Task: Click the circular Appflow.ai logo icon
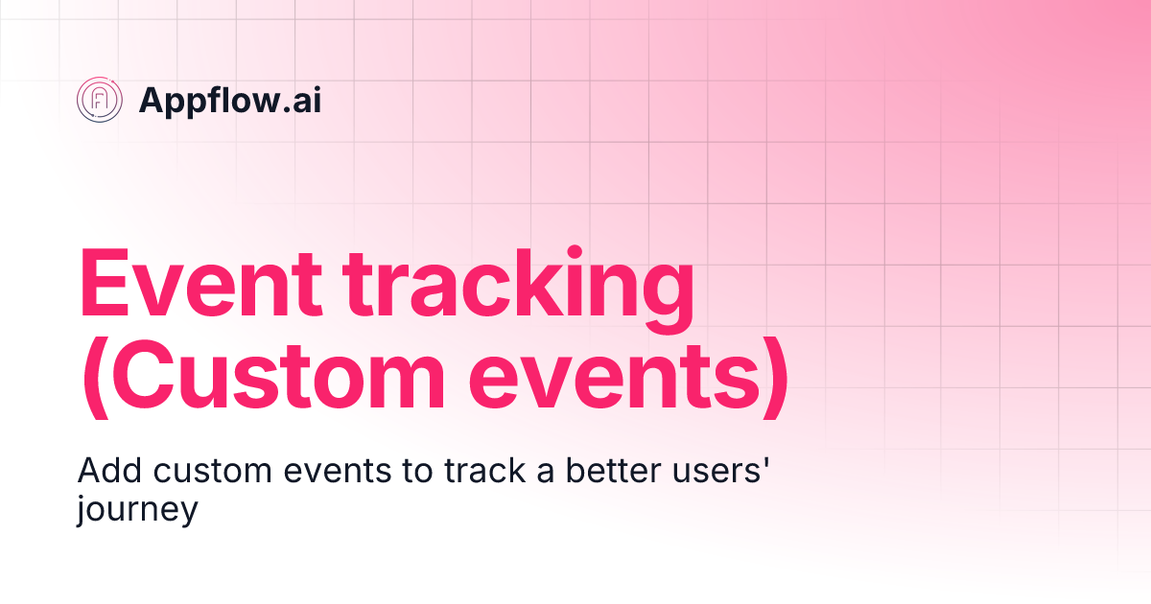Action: click(x=100, y=100)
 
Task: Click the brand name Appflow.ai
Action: click(x=230, y=100)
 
